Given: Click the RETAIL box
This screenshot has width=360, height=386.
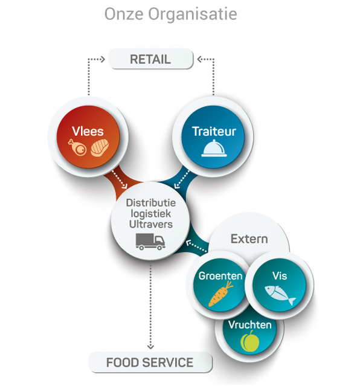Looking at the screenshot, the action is coord(150,59).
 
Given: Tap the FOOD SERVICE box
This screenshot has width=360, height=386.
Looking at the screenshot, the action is coord(150,362).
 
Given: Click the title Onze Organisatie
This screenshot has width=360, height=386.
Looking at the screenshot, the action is coord(171,14).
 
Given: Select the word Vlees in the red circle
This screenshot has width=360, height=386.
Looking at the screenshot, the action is coord(88,131).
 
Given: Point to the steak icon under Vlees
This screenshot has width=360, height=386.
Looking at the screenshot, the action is coord(100,148).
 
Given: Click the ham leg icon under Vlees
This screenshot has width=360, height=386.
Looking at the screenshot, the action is coord(77,147).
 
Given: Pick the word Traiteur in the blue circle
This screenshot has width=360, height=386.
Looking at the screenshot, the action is coord(214,131).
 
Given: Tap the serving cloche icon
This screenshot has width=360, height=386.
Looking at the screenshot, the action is coord(214,148).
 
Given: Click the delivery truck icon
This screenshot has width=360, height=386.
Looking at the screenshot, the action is coord(150,242).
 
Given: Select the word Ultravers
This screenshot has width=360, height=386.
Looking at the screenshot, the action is coord(151,224).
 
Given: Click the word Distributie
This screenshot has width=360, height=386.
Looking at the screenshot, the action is coord(151,203).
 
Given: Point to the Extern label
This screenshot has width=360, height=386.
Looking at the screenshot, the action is coord(249,239).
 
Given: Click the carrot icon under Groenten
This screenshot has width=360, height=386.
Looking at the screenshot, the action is coord(220,294).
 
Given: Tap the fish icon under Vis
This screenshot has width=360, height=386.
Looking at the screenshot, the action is coord(280,295).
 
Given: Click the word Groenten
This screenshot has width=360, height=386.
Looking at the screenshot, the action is coord(220,275).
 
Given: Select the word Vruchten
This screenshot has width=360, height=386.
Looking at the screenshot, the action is coord(249,325).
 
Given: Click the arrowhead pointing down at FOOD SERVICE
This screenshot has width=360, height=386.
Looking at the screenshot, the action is coord(150,347).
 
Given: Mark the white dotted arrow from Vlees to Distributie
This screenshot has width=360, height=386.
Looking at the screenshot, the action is coord(120,179).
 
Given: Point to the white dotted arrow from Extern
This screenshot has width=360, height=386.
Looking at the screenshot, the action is coord(196,246).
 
